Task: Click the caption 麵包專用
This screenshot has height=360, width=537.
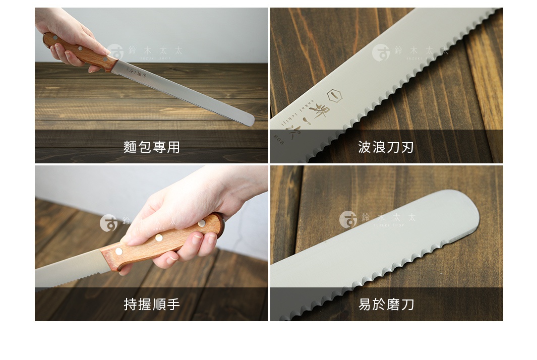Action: (152, 147)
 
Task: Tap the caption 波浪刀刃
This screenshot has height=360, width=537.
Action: (386, 147)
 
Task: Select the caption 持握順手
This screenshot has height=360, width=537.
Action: (152, 304)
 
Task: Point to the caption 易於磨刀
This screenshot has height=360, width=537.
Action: (386, 304)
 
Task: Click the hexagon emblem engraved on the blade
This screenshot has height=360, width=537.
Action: (335, 96)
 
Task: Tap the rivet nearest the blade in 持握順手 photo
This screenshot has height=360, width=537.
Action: (119, 251)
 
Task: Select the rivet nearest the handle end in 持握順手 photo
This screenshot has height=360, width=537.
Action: (202, 223)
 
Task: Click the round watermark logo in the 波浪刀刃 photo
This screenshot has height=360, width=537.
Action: (381, 52)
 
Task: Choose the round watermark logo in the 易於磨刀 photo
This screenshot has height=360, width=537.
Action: (348, 219)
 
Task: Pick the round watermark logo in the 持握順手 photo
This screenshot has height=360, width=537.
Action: (108, 223)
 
